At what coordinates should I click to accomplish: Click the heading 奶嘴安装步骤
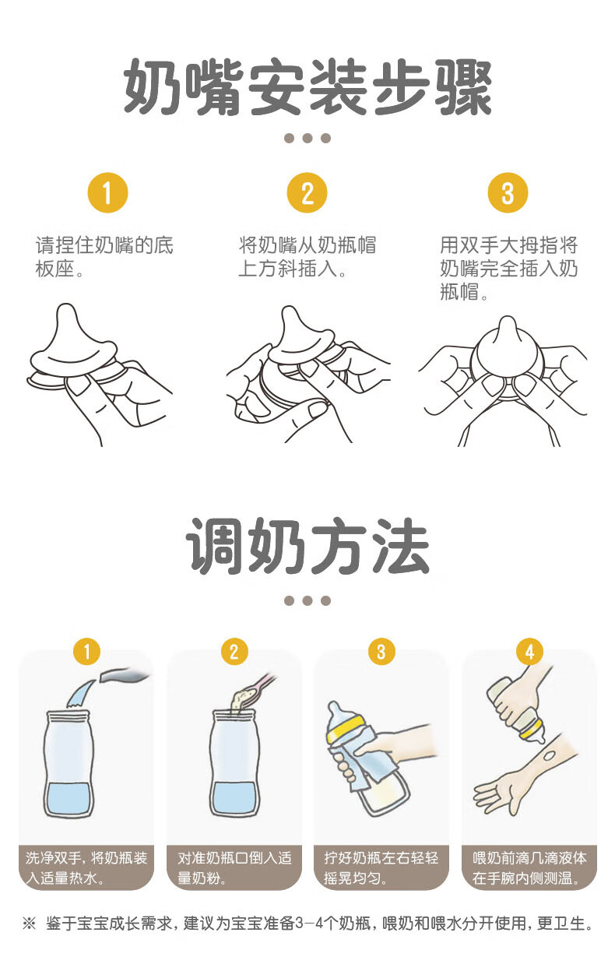click(307, 87)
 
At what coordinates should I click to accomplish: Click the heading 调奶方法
click(307, 546)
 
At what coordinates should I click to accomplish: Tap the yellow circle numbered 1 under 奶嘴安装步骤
click(107, 192)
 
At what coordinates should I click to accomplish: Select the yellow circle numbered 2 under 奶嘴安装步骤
click(307, 192)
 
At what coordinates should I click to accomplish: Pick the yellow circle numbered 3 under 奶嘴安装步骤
click(508, 192)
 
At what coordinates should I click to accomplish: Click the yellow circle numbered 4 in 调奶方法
click(529, 652)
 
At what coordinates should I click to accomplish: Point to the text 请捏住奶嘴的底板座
click(104, 257)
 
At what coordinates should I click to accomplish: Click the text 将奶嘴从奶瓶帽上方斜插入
click(307, 257)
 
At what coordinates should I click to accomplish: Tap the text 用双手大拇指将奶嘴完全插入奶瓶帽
click(508, 269)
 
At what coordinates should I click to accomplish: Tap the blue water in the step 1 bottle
click(69, 798)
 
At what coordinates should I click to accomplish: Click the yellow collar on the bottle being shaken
click(346, 730)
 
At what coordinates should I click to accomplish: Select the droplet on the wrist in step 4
click(548, 757)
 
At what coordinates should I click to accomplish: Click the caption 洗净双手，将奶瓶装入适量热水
click(86, 867)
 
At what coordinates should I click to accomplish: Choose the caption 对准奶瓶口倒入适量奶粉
click(234, 867)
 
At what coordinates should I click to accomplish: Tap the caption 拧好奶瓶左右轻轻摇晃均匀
click(381, 867)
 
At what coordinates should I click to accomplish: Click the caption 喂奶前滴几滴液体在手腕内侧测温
click(529, 867)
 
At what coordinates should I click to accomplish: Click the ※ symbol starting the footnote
click(29, 924)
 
